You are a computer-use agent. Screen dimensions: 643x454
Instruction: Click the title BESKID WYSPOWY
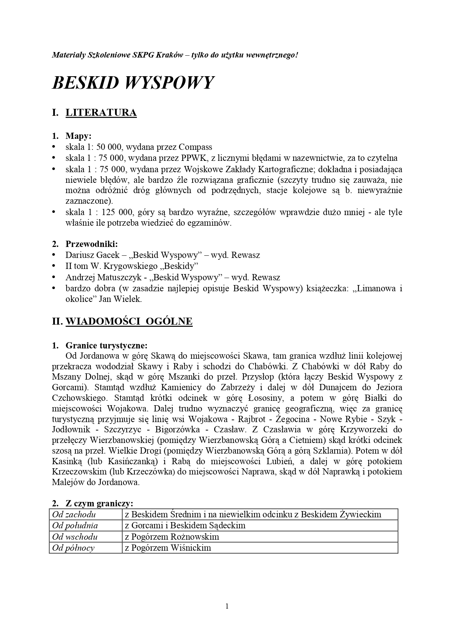point(133,83)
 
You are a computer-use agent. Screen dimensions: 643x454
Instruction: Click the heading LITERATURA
point(101,112)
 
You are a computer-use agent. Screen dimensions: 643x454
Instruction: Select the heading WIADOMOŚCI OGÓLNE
point(129,321)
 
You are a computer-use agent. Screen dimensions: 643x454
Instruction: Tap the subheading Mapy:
point(78,136)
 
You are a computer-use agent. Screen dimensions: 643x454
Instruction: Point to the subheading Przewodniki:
point(92,244)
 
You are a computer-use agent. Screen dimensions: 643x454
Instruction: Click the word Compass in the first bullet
point(195,147)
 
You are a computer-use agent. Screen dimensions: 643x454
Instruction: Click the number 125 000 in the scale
point(121,212)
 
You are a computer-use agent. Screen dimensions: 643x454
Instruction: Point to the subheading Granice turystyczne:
point(106,345)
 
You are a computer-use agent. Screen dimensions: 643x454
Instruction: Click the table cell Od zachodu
point(74,514)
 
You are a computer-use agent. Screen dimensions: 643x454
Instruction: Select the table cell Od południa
point(75,525)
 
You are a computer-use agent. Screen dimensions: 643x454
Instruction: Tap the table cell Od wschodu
point(75,537)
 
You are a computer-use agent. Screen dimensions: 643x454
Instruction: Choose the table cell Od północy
point(73,548)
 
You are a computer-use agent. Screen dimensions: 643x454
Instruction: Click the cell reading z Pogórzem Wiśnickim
point(168,548)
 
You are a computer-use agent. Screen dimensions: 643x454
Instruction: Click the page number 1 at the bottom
point(227,606)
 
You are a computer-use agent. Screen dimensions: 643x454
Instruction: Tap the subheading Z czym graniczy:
point(99,504)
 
